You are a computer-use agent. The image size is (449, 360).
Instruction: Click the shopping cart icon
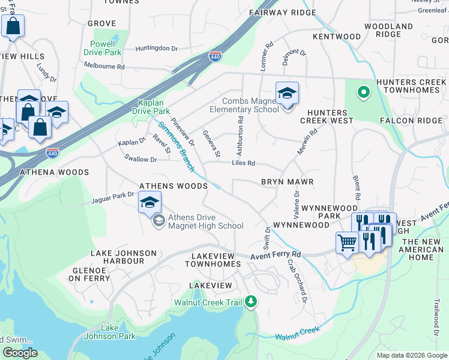(x=347, y=243)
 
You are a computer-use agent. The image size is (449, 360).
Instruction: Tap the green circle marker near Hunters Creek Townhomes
(x=363, y=92)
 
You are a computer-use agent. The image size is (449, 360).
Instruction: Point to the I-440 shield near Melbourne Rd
(x=215, y=56)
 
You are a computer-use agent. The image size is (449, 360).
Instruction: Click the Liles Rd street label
(x=244, y=163)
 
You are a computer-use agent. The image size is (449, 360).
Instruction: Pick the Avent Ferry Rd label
(x=276, y=255)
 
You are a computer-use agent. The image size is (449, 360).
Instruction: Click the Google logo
(x=20, y=353)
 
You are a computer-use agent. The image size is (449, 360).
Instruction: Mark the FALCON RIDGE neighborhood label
(x=411, y=121)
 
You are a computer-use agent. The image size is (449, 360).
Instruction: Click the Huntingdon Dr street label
(x=157, y=49)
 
